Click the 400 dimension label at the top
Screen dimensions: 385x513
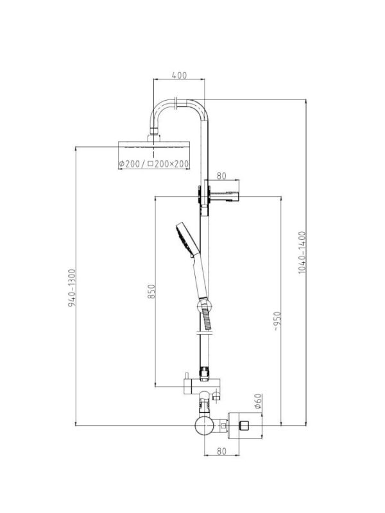tap(179, 75)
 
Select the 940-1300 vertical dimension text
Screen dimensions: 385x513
tap(72, 288)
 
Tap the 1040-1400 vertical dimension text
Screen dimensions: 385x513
tap(302, 253)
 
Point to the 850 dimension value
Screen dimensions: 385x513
tap(151, 291)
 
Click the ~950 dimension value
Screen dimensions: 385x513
tap(277, 321)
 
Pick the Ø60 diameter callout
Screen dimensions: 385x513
tap(258, 401)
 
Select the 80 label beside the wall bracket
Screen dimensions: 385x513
tap(221, 176)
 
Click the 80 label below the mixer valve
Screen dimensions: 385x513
tap(221, 451)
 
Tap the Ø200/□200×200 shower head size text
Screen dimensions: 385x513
tap(153, 164)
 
